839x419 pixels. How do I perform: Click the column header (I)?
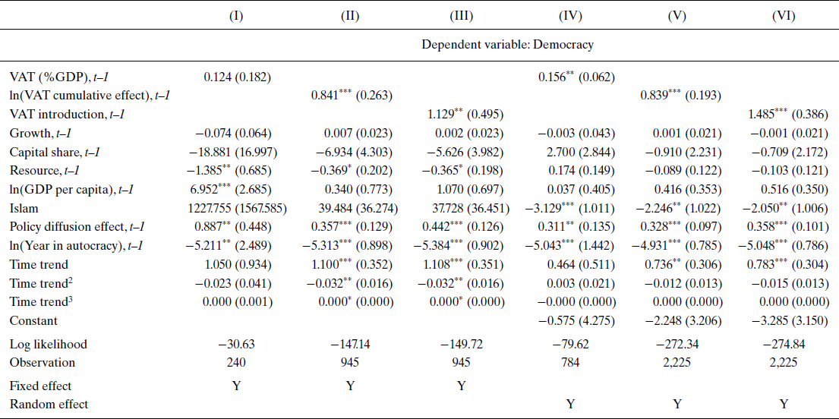(236, 16)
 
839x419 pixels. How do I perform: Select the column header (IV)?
(569, 16)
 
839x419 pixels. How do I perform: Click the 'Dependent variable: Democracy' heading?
(507, 45)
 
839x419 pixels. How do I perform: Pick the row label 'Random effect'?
(49, 404)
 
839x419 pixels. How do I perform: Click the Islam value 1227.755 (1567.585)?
(236, 208)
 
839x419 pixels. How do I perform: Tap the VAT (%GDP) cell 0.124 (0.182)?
(236, 77)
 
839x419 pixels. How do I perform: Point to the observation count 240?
(236, 363)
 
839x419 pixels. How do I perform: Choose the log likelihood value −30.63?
(236, 344)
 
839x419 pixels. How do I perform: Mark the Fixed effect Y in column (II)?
(349, 386)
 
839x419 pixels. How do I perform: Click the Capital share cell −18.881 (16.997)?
(236, 152)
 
